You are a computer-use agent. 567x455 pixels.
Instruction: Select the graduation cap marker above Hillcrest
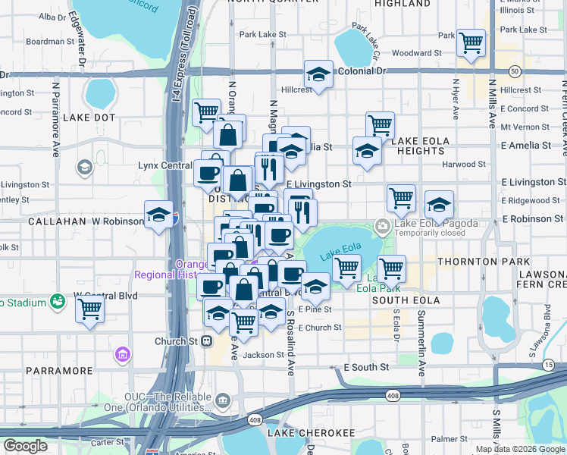tap(318, 74)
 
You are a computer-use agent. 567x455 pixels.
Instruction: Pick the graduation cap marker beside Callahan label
tap(158, 215)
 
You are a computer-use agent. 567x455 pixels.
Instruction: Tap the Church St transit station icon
tap(206, 341)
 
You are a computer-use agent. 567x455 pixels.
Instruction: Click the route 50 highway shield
tap(515, 71)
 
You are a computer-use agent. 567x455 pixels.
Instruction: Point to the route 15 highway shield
tap(547, 366)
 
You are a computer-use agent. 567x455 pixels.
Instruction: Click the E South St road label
tap(366, 367)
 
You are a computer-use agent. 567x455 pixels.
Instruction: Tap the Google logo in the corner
tap(26, 446)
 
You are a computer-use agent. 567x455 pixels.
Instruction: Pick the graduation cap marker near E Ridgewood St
tap(438, 204)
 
